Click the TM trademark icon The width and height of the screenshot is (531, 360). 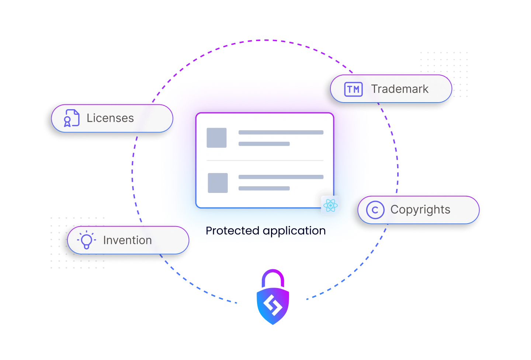tap(353, 89)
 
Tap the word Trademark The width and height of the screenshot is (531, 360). tap(400, 89)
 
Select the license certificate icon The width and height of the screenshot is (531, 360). tap(71, 118)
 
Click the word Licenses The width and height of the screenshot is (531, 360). tap(110, 118)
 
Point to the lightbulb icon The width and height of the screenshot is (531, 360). tap(86, 240)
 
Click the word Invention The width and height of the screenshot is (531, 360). tap(127, 240)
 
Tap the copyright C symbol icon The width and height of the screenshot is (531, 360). tap(375, 210)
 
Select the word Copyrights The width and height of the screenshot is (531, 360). tap(420, 210)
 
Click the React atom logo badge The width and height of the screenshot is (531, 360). tap(330, 205)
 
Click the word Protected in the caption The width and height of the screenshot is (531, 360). tap(232, 231)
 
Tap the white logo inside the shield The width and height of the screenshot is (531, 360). tap(273, 306)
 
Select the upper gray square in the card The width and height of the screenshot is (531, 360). tap(216, 138)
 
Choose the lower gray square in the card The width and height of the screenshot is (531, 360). tap(218, 183)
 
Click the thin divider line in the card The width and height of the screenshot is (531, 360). tap(265, 160)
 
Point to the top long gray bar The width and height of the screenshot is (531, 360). tap(281, 132)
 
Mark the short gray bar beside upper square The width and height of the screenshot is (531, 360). tap(264, 144)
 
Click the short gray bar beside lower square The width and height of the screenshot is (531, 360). tap(264, 188)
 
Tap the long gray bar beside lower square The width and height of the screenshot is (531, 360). tap(281, 177)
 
